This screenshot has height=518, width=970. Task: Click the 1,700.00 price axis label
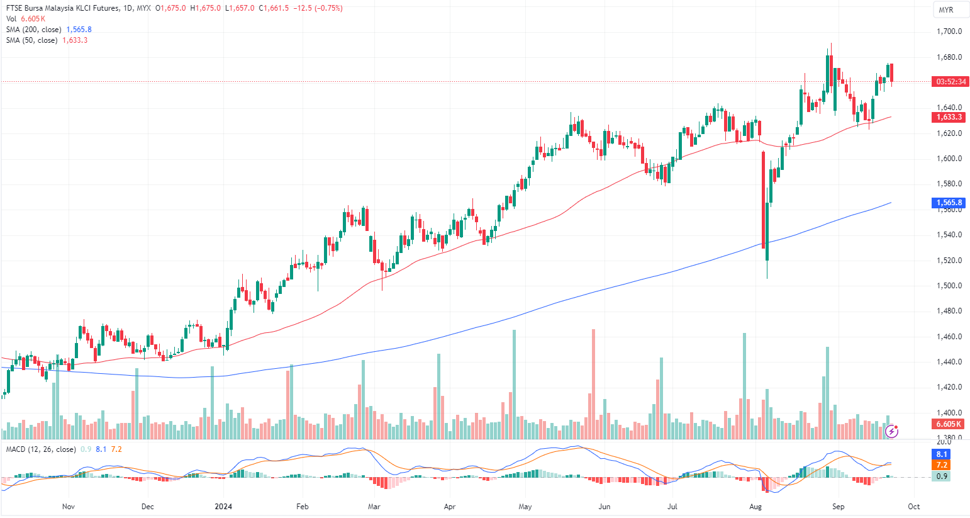[949, 31]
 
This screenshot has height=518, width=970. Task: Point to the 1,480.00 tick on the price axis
[949, 311]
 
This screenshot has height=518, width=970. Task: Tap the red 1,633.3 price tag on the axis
[949, 117]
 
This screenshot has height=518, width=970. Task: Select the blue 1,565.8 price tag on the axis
[949, 203]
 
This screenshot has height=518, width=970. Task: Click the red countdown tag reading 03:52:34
[950, 82]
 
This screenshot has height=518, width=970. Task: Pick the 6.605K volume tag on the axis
[949, 424]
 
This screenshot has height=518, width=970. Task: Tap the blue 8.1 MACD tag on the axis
[942, 454]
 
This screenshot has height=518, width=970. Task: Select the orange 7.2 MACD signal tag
[942, 465]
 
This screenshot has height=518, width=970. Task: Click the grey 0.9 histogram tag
[942, 476]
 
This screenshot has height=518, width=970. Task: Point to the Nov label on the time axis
[69, 506]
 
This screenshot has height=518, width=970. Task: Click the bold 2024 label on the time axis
[223, 506]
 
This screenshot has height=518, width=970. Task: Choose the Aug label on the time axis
[755, 506]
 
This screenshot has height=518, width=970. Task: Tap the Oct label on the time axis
[914, 506]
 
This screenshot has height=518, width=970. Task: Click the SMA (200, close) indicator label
[34, 30]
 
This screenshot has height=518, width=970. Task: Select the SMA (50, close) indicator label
[31, 40]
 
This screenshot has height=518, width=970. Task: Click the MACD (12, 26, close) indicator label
[41, 449]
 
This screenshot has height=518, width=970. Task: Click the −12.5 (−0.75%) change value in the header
[318, 8]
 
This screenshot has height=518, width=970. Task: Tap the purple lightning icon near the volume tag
[891, 431]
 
